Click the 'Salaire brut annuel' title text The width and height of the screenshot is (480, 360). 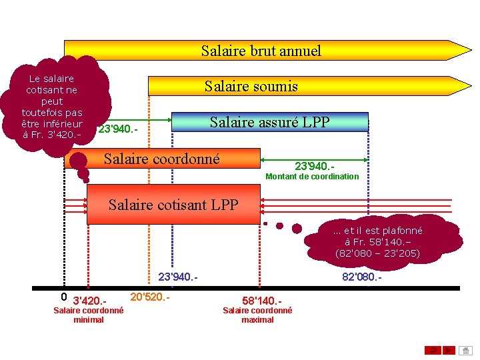pos(261,51)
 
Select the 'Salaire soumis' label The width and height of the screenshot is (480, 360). pos(251,86)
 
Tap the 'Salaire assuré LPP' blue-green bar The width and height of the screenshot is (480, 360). pos(270,122)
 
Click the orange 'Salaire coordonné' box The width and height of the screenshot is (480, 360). pos(161,159)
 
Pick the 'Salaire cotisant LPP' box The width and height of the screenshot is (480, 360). pos(173,205)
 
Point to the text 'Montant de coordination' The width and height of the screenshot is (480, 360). pos(312,177)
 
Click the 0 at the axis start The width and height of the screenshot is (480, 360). pos(63,297)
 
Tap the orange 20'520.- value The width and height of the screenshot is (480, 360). pos(150,297)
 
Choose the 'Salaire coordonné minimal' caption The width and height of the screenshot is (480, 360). pos(88,315)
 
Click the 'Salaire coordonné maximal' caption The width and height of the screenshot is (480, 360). pos(257,315)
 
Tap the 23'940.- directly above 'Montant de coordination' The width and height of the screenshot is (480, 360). pos(314,165)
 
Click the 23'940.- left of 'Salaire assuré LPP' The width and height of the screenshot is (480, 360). pos(118,129)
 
